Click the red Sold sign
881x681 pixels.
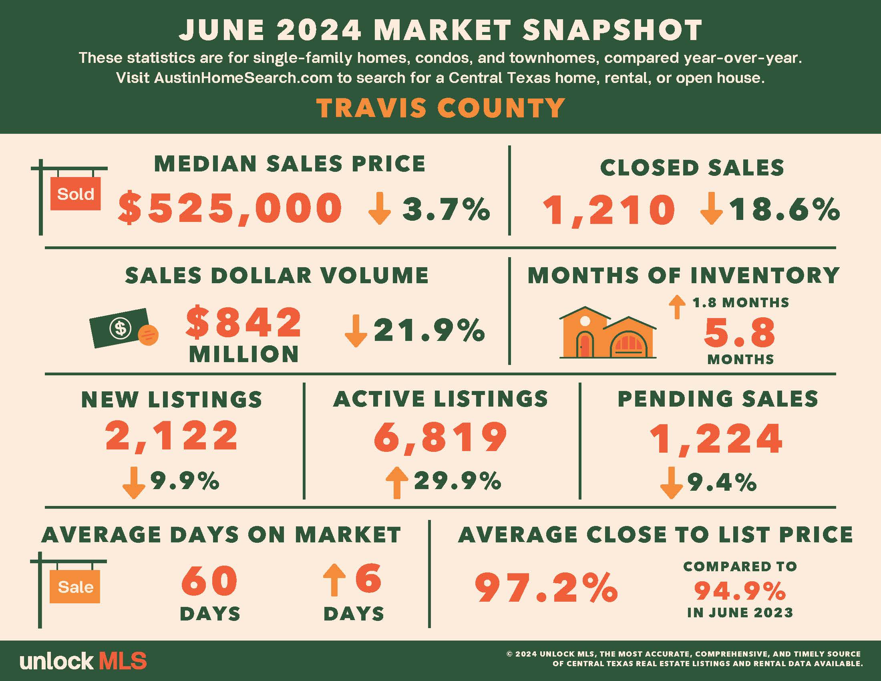(x=75, y=193)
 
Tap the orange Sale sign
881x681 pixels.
(x=74, y=586)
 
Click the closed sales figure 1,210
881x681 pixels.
(x=609, y=210)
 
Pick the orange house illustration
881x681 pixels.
(x=607, y=332)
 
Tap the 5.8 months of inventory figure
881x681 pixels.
(x=740, y=333)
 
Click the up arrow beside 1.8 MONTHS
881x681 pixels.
(x=677, y=307)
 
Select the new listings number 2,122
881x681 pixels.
(x=172, y=436)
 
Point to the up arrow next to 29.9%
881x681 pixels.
(x=397, y=483)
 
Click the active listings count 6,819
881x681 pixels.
(x=440, y=437)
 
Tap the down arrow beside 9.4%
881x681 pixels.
(x=671, y=483)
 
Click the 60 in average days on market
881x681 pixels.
(x=209, y=580)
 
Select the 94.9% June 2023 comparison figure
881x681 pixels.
(x=740, y=591)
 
